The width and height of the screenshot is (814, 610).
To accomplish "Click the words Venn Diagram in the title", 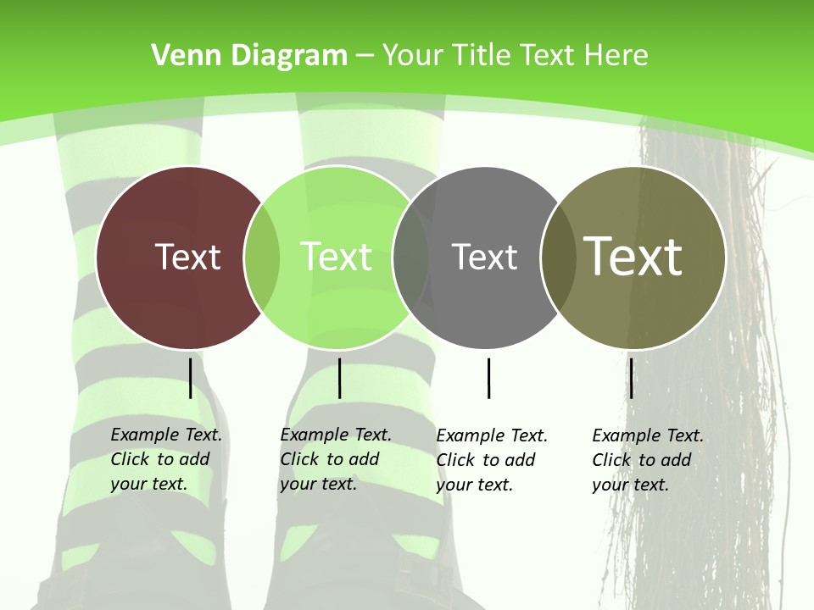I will (249, 56).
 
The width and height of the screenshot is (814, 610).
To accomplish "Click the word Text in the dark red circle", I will (187, 257).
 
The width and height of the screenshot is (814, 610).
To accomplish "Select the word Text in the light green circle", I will (336, 257).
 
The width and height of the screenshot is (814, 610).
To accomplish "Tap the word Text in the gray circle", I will (484, 257).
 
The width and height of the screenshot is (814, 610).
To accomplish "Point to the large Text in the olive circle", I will (633, 257).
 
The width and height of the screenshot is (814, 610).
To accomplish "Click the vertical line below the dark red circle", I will (191, 378).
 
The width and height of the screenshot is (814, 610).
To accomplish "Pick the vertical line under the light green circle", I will (339, 378).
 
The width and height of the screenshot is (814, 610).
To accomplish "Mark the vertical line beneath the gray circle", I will (488, 378).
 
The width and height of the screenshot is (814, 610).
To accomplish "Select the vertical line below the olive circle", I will (631, 378).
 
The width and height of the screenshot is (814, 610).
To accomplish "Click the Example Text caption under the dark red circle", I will (165, 459).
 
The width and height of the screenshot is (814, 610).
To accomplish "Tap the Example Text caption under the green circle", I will (335, 459).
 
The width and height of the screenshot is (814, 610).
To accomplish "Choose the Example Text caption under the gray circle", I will (491, 460).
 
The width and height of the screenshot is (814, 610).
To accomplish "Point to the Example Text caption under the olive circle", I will (647, 460).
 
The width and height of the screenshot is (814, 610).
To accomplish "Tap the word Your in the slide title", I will (413, 56).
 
